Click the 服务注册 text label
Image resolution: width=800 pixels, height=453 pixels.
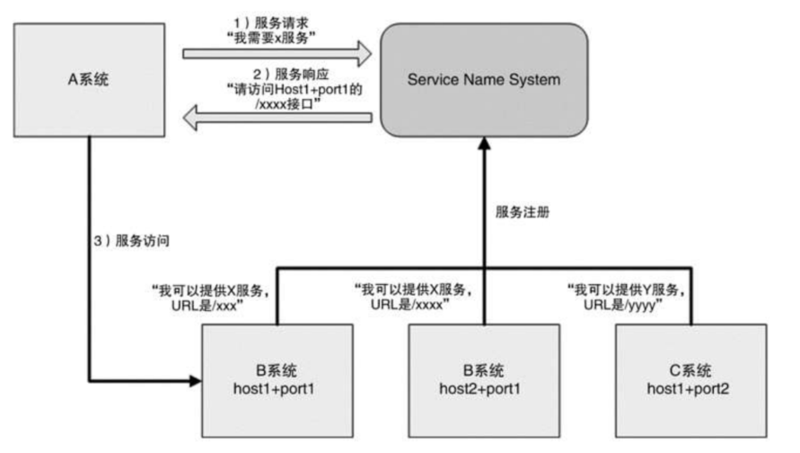coord(522,213)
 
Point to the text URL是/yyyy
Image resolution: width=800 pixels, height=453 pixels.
coord(629,305)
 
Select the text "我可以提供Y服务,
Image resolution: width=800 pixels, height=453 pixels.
coord(629,289)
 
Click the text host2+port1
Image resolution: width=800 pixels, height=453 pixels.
coord(483,387)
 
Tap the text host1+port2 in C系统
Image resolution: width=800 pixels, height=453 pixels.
coord(690,387)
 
